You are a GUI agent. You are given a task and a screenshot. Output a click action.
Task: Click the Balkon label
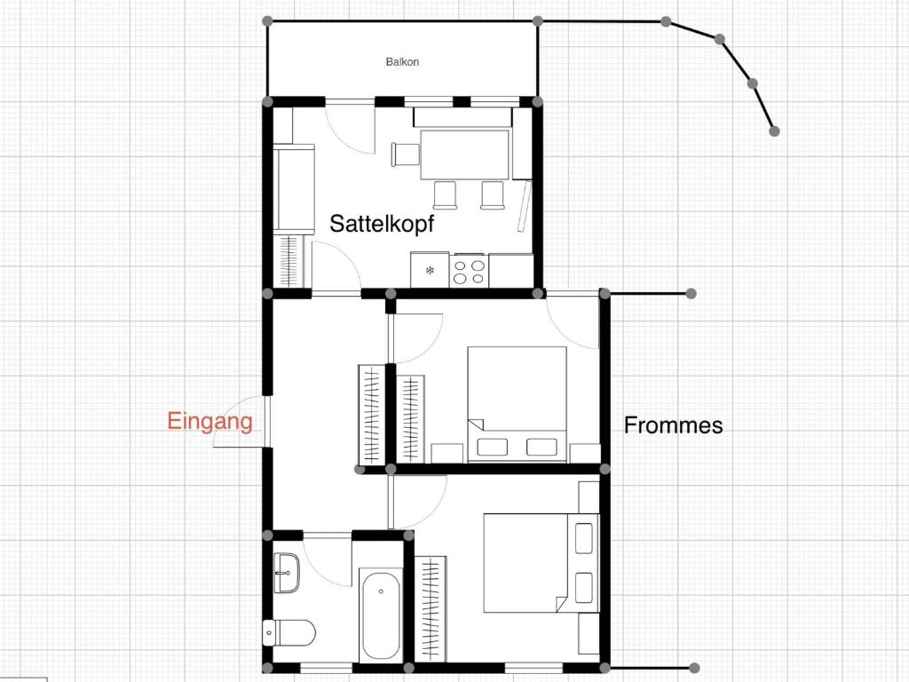click(402, 61)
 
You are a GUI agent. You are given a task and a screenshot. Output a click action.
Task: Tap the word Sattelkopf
click(382, 223)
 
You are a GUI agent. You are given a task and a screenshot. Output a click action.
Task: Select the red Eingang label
click(209, 422)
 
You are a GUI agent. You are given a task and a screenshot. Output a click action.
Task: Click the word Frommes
click(673, 425)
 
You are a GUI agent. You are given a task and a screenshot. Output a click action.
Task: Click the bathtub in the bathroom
click(381, 615)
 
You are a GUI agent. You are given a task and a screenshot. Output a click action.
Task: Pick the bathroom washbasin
click(287, 573)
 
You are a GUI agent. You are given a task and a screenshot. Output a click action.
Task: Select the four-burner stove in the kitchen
click(469, 271)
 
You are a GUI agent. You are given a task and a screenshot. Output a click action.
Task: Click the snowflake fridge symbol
click(430, 270)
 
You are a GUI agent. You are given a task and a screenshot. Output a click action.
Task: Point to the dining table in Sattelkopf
click(465, 155)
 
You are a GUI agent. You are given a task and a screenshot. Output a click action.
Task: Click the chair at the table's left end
click(405, 155)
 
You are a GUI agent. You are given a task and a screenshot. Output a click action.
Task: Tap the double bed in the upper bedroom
click(518, 404)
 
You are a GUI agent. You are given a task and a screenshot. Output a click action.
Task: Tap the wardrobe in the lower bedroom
click(431, 607)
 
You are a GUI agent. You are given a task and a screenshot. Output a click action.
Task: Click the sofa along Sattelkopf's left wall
click(294, 189)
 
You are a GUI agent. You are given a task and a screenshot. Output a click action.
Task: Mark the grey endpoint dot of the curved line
click(774, 131)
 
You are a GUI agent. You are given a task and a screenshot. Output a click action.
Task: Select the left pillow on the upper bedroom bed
click(492, 448)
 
